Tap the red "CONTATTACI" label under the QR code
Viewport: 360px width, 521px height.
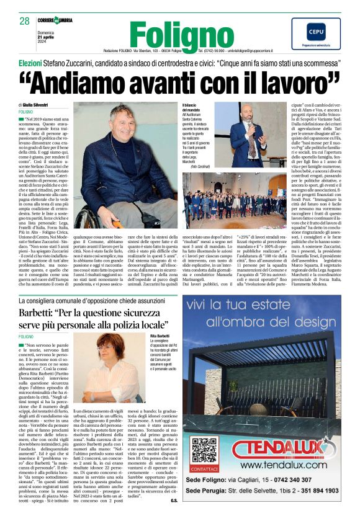point(204,469)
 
